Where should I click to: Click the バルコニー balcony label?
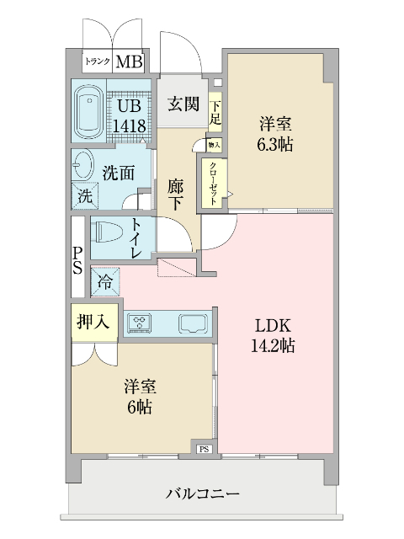tap(203, 494)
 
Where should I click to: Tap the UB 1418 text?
tap(131, 115)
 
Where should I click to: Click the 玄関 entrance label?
tap(183, 104)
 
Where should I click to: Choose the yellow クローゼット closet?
tap(212, 182)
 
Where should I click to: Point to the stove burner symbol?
tap(138, 321)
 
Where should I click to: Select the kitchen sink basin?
tap(193, 322)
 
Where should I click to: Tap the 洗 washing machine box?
tap(84, 196)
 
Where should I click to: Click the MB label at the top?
tap(129, 61)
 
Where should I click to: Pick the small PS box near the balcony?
tap(204, 450)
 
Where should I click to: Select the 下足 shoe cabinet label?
tap(215, 113)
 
